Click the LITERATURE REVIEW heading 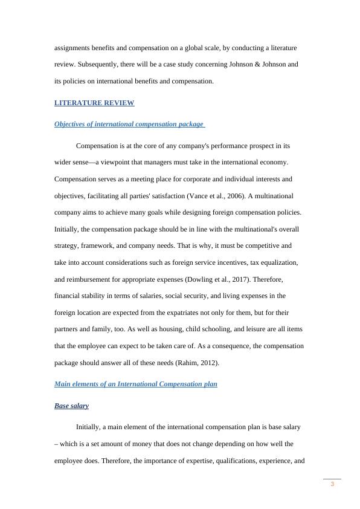(x=94, y=103)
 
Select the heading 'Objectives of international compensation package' (x=129, y=125)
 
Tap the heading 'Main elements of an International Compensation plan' (x=135, y=384)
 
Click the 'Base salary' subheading (x=71, y=406)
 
